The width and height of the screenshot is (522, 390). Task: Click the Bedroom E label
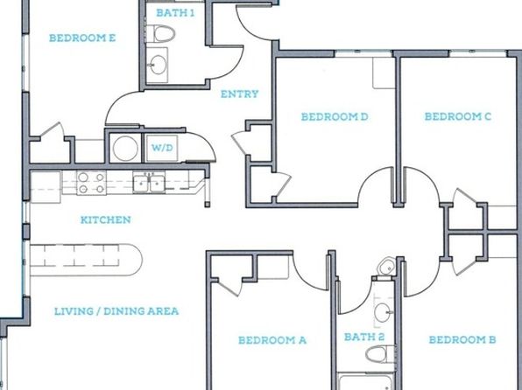(82, 38)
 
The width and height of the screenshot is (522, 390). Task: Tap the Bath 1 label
(175, 13)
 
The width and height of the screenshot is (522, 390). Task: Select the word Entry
(239, 94)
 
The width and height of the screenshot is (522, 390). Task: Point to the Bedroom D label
(335, 116)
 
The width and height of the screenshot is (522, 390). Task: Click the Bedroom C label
(458, 116)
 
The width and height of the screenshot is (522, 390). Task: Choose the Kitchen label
(105, 219)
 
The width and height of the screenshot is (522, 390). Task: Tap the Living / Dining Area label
(116, 311)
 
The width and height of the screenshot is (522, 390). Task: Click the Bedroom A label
(272, 340)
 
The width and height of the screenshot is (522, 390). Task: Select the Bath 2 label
(364, 338)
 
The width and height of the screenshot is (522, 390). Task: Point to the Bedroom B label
(462, 340)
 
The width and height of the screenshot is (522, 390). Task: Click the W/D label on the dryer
(162, 148)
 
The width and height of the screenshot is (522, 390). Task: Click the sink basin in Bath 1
(157, 64)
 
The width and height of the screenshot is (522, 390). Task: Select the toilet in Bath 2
(380, 354)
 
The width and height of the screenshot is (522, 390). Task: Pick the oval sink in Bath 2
(383, 312)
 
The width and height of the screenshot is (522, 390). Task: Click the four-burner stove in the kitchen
(92, 183)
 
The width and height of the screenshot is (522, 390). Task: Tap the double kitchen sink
(149, 182)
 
